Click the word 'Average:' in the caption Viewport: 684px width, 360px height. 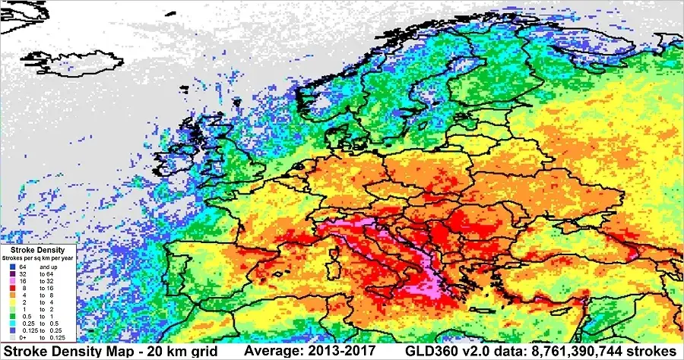click(273, 352)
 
